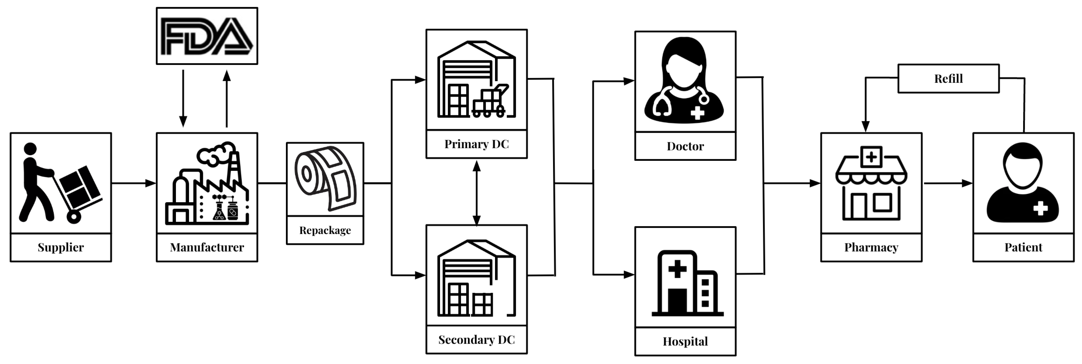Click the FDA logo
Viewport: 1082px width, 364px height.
point(207,36)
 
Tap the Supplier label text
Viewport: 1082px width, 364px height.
point(61,247)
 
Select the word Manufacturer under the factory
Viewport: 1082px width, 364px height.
point(207,247)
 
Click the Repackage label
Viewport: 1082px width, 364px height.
point(325,230)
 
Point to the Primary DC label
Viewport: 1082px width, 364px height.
point(476,144)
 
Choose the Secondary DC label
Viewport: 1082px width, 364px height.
point(476,340)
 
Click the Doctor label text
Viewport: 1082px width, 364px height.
point(685,146)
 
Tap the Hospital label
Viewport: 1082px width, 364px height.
point(685,341)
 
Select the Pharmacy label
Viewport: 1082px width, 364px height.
point(871,247)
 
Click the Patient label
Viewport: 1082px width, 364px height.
point(1023,247)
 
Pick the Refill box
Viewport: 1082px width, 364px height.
point(948,78)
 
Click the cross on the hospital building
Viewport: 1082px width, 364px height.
point(677,268)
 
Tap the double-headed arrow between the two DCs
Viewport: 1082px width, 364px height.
point(476,193)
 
